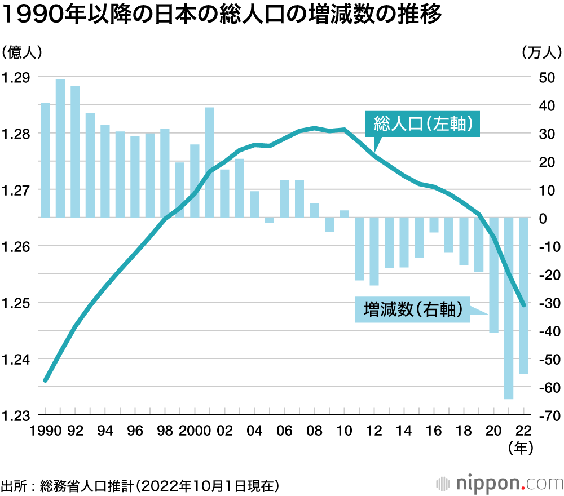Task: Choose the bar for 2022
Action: pyautogui.click(x=523, y=295)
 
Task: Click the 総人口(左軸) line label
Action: pyautogui.click(x=422, y=123)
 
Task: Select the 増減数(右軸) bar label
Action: pyautogui.click(x=412, y=309)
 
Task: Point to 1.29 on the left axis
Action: pyautogui.click(x=16, y=78)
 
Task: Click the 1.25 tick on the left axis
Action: pyautogui.click(x=16, y=303)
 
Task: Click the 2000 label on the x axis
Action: pyautogui.click(x=194, y=431)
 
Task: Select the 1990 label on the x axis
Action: pyautogui.click(x=45, y=431)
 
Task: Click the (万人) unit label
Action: pyautogui.click(x=542, y=53)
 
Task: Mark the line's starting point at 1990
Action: pyautogui.click(x=46, y=380)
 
